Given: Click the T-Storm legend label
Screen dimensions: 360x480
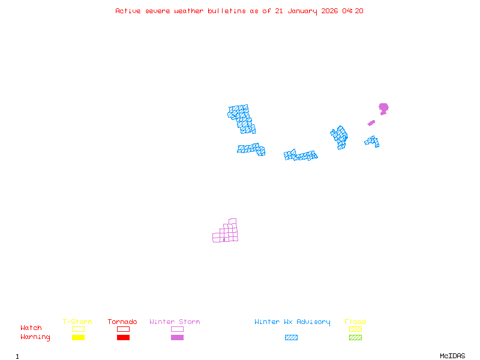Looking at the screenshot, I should (x=77, y=322).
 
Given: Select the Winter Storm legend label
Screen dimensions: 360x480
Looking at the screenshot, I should (x=175, y=322).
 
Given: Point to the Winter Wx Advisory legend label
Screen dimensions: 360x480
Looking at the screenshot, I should (x=292, y=322).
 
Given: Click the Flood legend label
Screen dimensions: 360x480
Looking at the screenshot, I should (x=355, y=322).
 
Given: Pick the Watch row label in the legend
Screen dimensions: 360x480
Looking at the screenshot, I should (x=31, y=328).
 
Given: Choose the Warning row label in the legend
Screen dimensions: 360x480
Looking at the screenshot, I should (x=35, y=337).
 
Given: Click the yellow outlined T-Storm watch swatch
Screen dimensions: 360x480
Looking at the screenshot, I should (x=78, y=329).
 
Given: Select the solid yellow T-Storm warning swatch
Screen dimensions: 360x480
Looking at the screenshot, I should (x=78, y=338).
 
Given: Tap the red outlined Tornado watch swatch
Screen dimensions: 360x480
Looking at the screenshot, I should (x=123, y=329).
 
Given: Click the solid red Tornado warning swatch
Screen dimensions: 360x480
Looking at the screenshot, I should (x=123, y=338).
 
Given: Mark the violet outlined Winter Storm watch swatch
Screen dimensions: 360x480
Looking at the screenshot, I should (x=177, y=329).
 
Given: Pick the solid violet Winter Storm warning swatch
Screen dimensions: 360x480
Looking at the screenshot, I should (x=177, y=338).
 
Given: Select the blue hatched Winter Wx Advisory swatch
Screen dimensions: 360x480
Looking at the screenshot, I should (x=291, y=338).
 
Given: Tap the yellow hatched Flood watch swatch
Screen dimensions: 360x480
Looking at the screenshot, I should (x=355, y=329).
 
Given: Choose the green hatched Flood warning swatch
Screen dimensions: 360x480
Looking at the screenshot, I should (x=355, y=338).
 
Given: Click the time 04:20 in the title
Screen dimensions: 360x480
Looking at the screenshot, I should (x=353, y=11).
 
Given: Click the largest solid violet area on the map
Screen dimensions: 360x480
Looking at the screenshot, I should (x=383, y=108).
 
